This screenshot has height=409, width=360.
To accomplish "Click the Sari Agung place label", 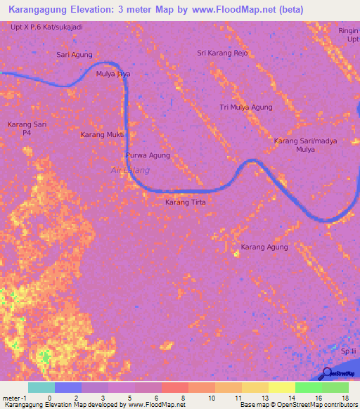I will [x=74, y=54].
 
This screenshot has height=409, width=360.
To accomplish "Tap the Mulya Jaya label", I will [x=113, y=74].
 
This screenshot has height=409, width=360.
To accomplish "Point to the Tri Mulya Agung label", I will [x=245, y=108].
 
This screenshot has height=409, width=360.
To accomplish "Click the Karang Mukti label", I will [x=103, y=134].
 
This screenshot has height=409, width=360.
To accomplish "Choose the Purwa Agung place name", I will [x=148, y=155].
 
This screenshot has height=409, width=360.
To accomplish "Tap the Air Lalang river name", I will [x=130, y=170].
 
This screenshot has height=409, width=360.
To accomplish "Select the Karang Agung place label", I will [x=264, y=247].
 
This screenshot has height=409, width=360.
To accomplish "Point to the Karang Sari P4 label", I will [x=27, y=128].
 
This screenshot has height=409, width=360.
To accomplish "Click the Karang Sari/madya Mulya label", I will [x=305, y=145].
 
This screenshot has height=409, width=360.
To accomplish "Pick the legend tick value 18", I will [x=345, y=398].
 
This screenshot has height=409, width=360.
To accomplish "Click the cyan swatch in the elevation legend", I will [x=41, y=387].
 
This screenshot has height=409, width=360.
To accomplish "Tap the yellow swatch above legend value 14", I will [x=281, y=387].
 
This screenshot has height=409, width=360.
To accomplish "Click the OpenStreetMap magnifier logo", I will [x=327, y=373].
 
